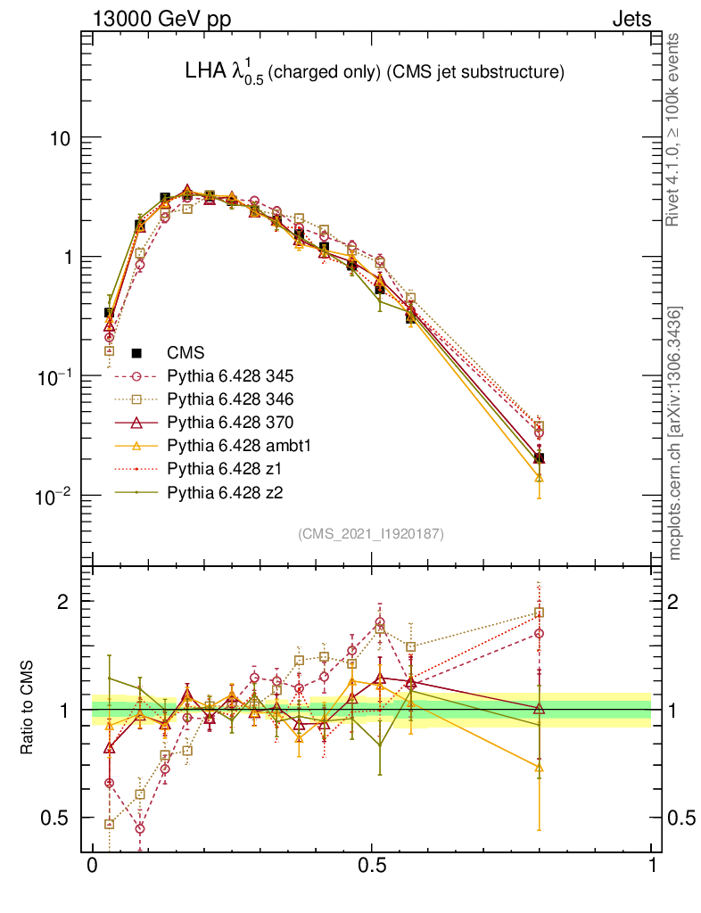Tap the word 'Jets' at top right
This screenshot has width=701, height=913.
(x=631, y=19)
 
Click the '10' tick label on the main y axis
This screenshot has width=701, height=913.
(x=60, y=139)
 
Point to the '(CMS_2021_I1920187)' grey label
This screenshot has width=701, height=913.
(x=371, y=533)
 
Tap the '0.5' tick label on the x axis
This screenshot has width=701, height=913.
(x=372, y=866)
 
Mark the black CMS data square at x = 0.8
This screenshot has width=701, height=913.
(x=539, y=458)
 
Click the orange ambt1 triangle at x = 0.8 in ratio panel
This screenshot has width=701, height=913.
(x=539, y=767)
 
